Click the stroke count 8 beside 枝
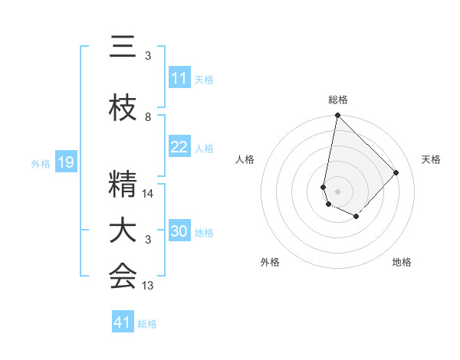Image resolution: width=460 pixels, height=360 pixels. (x=148, y=117)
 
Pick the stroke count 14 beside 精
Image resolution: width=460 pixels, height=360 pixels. (x=148, y=194)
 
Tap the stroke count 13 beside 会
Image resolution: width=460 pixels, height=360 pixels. (x=148, y=286)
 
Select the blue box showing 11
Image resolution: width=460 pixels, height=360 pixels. (x=179, y=78)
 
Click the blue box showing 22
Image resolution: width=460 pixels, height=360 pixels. (x=179, y=147)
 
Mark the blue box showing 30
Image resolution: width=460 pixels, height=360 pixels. (x=179, y=231)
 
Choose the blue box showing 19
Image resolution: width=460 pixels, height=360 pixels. (x=65, y=162)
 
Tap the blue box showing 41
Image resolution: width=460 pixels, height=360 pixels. (x=123, y=322)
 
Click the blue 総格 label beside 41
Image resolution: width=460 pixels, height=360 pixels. (x=147, y=324)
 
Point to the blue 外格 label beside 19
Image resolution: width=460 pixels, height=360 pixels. (x=41, y=163)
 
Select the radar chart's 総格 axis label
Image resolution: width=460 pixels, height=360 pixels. (x=338, y=100)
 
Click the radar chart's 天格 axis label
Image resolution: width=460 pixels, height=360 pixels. (x=431, y=159)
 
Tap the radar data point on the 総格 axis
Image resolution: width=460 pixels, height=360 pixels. (x=337, y=116)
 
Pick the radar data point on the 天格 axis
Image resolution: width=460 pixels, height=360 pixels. (x=396, y=172)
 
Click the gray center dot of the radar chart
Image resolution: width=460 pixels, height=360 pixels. (x=337, y=191)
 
